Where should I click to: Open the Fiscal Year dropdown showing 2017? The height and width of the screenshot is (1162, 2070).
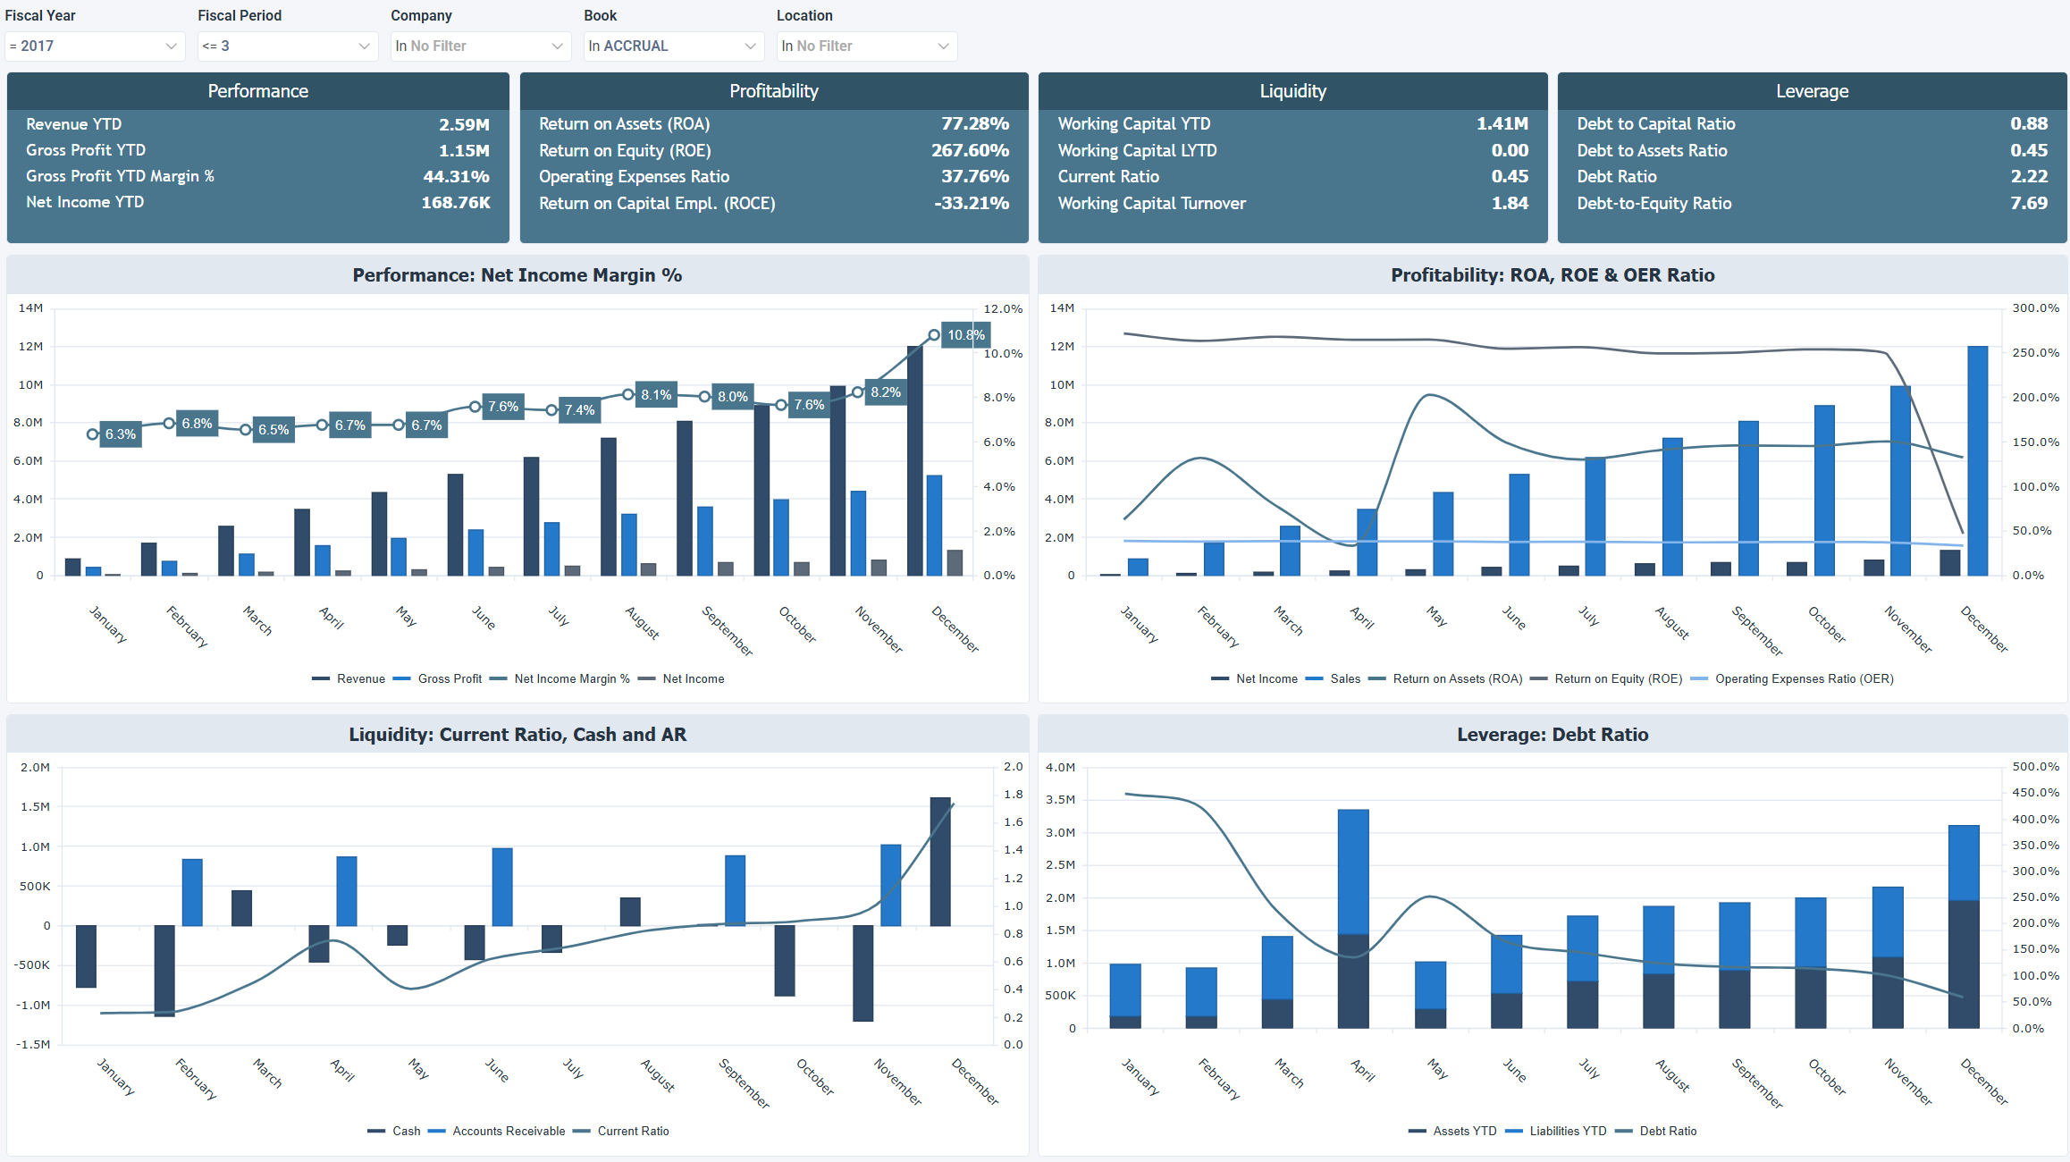[94, 46]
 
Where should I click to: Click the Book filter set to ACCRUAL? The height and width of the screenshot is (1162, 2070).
[673, 46]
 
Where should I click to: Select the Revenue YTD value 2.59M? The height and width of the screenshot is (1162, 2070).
[464, 124]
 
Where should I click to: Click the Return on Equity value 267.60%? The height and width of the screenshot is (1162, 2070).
[970, 150]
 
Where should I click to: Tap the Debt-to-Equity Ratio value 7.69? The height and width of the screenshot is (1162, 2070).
[2028, 203]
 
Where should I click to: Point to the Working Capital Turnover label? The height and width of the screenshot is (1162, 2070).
[1151, 203]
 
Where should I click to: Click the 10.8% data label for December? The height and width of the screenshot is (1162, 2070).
[965, 335]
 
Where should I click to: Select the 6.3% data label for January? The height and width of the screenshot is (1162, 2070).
[121, 434]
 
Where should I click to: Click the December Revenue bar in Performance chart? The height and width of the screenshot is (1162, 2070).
[914, 460]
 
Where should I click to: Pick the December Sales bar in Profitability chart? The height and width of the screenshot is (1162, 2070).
[1977, 460]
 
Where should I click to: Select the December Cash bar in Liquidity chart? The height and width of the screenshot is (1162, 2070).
[940, 861]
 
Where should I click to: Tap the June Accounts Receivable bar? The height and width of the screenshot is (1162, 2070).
[502, 887]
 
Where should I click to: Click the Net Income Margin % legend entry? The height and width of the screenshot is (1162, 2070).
[571, 679]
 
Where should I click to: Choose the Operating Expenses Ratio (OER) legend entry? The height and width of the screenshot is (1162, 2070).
[1803, 679]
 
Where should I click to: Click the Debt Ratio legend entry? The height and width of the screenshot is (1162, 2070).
[1667, 1132]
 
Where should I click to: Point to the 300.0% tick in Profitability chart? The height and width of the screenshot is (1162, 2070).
[2035, 308]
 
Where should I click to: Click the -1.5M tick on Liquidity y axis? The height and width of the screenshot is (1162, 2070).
[35, 1044]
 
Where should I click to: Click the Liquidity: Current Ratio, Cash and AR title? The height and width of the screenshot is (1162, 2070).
[517, 735]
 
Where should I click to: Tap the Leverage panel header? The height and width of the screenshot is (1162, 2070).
[1812, 91]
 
